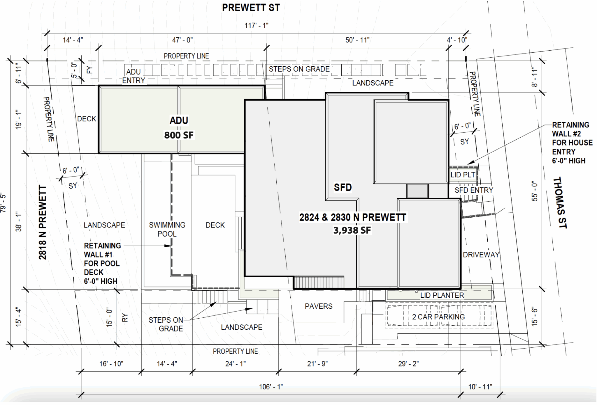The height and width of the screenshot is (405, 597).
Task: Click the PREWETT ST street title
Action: click(x=251, y=8)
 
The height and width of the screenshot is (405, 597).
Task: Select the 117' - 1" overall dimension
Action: click(x=256, y=26)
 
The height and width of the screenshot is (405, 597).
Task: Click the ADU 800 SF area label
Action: click(x=179, y=128)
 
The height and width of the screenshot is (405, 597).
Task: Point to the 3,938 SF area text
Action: click(x=352, y=230)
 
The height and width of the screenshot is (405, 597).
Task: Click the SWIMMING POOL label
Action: click(x=167, y=229)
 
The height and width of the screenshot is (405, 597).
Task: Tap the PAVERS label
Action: click(x=318, y=306)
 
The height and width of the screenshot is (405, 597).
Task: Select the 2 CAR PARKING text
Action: click(x=438, y=317)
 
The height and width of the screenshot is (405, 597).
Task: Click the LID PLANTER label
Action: click(x=442, y=295)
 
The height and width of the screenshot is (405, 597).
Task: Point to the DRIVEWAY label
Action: click(x=481, y=255)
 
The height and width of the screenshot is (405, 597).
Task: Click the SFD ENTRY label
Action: click(x=474, y=190)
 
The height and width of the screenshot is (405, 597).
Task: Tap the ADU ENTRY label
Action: click(x=134, y=76)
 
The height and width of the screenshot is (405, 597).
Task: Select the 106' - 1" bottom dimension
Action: click(x=271, y=387)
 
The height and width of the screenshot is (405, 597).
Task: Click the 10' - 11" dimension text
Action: click(x=480, y=387)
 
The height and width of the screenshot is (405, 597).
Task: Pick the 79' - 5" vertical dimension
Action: click(x=3, y=202)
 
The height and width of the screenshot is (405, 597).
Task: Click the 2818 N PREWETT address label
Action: click(x=43, y=222)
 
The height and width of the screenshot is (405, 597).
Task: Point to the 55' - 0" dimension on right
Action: click(x=534, y=191)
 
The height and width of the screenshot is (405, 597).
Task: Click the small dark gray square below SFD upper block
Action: click(x=417, y=191)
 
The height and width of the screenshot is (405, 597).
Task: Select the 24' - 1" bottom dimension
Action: click(x=235, y=364)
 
